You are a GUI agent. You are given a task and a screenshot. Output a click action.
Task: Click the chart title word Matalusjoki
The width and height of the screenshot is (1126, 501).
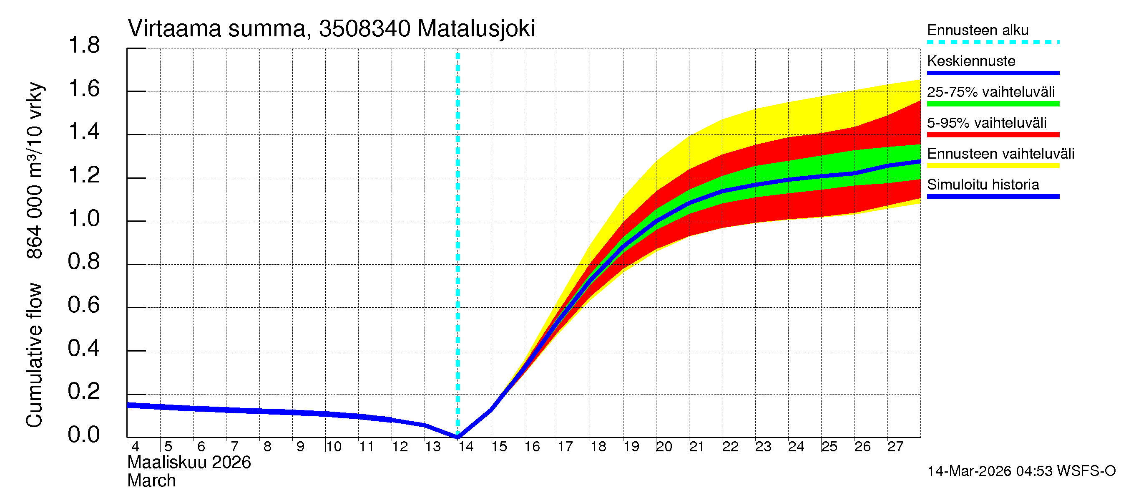point(476,29)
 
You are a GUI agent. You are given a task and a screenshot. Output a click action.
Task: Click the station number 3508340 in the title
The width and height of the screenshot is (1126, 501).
point(364,29)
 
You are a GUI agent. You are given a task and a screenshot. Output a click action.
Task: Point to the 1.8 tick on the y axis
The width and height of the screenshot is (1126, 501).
point(84,46)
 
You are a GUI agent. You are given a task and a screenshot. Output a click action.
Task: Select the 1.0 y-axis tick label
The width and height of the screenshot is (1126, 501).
point(84,219)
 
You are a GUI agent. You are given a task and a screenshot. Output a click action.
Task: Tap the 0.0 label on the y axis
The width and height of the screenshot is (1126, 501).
point(84,435)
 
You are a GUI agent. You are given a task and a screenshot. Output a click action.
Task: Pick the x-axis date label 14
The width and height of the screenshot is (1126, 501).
point(465,447)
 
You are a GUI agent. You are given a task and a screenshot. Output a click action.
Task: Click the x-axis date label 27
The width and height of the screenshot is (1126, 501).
point(895,447)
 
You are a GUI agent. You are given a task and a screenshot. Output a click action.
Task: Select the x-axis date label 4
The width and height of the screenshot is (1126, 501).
point(135,447)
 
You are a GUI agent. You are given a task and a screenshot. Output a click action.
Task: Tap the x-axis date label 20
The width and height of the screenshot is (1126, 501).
point(664,447)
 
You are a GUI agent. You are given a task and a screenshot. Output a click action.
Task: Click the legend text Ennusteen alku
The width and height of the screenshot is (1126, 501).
point(978,30)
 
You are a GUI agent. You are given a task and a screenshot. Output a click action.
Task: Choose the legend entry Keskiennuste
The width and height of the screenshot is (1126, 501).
point(971,61)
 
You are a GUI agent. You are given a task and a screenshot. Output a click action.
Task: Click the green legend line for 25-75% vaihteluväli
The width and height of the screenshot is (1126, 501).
point(993,104)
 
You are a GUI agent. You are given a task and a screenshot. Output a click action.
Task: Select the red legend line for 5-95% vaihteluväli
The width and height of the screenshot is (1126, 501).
point(993,135)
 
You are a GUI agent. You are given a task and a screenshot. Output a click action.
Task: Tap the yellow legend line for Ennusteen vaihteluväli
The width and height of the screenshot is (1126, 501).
point(993,166)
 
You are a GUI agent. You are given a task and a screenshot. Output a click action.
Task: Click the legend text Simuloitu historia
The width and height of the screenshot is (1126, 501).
point(983,185)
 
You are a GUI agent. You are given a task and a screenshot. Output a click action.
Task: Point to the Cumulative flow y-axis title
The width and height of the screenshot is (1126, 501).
point(34,354)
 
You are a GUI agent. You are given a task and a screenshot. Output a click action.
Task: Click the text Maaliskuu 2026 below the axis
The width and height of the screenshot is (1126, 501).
point(189,463)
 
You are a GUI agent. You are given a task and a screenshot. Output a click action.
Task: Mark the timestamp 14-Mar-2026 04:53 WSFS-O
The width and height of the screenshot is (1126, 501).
point(1021,471)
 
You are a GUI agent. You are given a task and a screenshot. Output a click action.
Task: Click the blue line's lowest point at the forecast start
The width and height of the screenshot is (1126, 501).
point(457,436)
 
